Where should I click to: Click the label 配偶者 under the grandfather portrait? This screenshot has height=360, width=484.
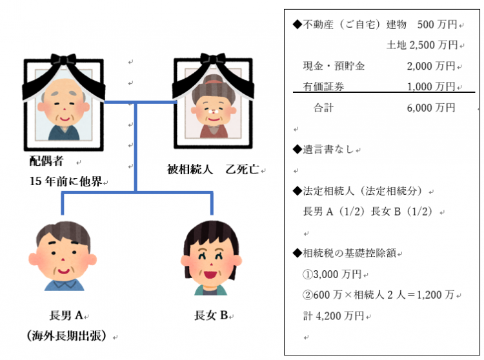tap(46, 161)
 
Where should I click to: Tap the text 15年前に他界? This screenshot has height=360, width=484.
tap(66, 181)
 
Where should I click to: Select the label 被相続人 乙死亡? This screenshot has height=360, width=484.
tap(213, 169)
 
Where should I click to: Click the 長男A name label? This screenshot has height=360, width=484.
tap(66, 315)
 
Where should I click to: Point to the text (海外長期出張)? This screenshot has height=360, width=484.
tap(66, 335)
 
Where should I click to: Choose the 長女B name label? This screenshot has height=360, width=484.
tap(211, 315)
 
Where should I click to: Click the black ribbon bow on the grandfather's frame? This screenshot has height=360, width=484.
tap(63, 59)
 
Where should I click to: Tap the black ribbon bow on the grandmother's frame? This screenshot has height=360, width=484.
tap(213, 58)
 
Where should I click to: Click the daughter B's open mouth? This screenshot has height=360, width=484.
tap(211, 274)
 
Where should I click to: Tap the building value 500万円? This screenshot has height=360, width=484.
tap(437, 25)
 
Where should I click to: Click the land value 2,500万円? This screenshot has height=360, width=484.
tap(434, 45)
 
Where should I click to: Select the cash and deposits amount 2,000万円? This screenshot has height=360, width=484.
tap(431, 66)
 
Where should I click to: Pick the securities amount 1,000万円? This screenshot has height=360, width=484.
tap(431, 86)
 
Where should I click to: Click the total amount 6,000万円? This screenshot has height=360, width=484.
tap(431, 108)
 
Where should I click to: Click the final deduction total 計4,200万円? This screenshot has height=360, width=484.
tap(334, 315)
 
